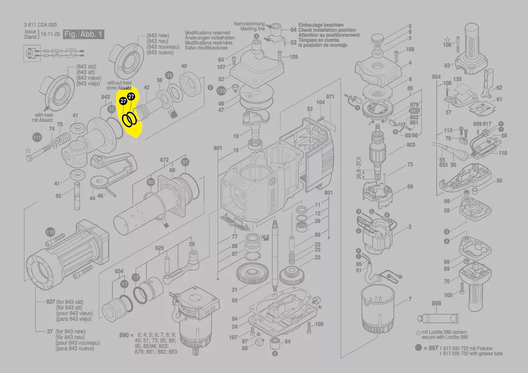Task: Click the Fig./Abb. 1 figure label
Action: click(84, 34)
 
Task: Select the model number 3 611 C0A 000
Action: click(40, 25)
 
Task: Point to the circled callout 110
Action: click(50, 232)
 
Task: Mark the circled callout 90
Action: click(150, 182)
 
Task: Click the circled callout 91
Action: click(185, 162)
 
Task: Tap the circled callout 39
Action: click(169, 75)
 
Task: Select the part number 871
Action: click(330, 97)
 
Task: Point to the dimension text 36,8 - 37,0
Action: click(359, 168)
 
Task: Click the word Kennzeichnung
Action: click(249, 23)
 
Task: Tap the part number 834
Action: click(119, 271)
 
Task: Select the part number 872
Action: click(164, 160)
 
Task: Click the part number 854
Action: click(436, 77)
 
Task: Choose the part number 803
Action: click(411, 145)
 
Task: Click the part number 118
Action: click(503, 153)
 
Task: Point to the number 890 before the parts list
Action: click(124, 335)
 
